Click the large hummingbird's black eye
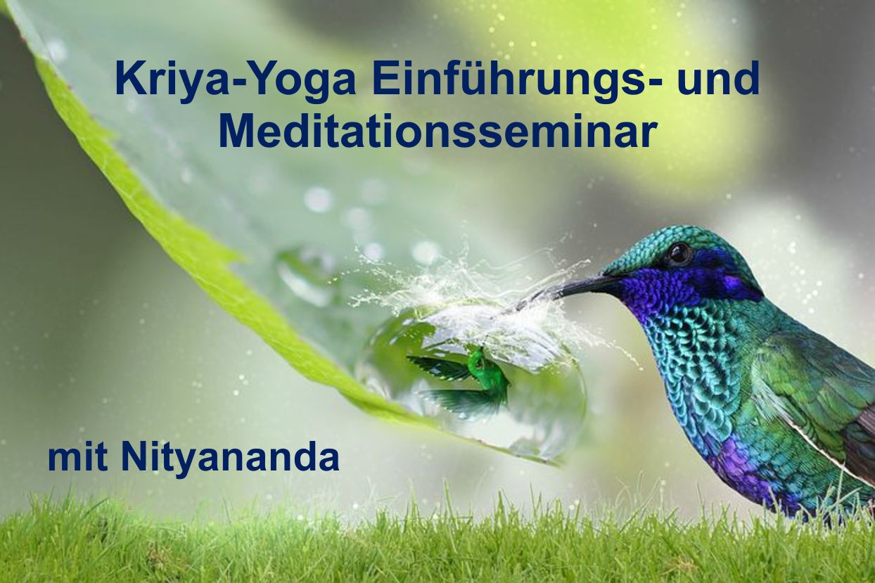tap(679, 253)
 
